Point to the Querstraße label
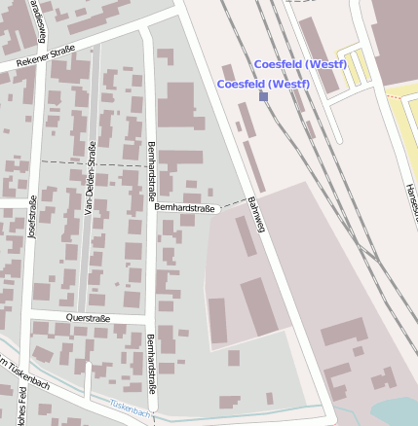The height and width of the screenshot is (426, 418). [x=88, y=317]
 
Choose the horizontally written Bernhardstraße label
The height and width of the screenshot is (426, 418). [x=184, y=207]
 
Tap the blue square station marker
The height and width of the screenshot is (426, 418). [x=263, y=96]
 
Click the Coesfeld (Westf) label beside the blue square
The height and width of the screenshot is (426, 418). [x=263, y=84]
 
